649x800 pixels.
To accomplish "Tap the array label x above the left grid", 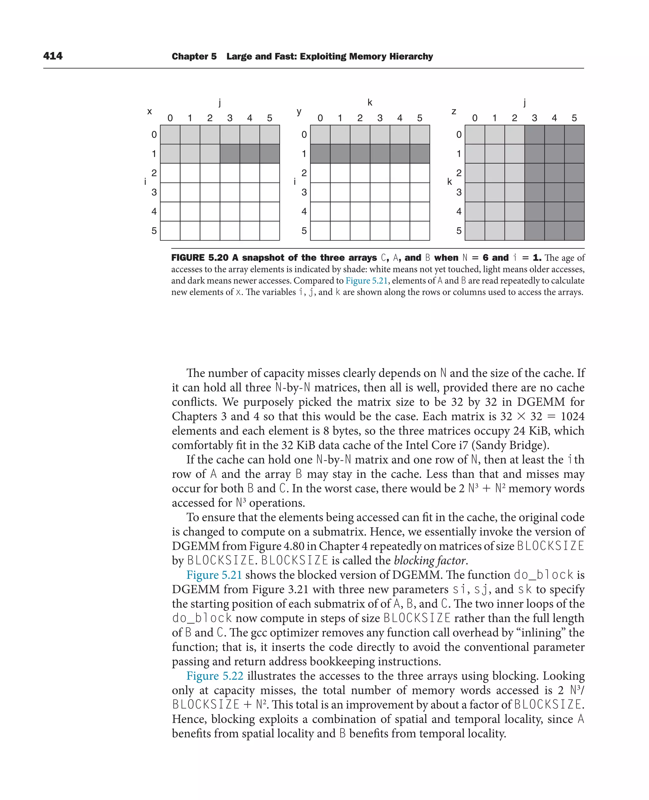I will tap(150, 111).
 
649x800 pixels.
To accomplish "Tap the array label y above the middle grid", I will tap(299, 111).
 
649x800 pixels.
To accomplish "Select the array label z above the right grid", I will tap(454, 111).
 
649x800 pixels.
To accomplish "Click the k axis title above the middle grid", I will tap(370, 102).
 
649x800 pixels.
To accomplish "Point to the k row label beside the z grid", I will tap(449, 182).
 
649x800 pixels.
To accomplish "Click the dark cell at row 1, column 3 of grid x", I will tap(229, 154).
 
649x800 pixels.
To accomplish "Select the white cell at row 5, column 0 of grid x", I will tap(170, 231).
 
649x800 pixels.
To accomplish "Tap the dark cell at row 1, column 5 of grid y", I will tap(420, 154).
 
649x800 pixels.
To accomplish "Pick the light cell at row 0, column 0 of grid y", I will tap(320, 135).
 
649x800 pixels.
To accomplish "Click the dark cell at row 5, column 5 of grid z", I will tap(574, 231).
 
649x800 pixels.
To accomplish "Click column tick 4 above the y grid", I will tap(400, 118).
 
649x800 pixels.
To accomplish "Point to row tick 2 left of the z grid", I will tap(459, 173).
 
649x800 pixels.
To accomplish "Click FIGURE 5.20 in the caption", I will tap(199, 258).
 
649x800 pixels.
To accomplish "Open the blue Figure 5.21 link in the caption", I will tap(366, 281).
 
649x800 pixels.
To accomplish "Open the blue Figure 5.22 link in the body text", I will tap(215, 676).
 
